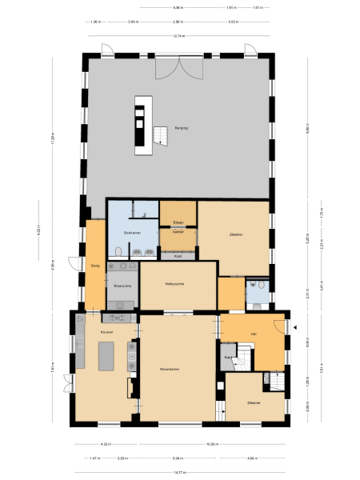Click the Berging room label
click(x=181, y=127)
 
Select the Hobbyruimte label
click(x=176, y=284)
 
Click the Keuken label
click(x=107, y=331)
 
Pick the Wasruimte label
click(x=122, y=285)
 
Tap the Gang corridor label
click(x=94, y=265)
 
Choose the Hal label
click(x=254, y=333)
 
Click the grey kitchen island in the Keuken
click(x=107, y=356)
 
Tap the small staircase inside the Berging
click(x=162, y=135)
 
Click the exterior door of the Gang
click(x=74, y=263)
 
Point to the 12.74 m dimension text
click(x=179, y=36)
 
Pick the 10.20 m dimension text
click(x=211, y=444)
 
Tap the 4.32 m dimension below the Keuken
click(x=105, y=444)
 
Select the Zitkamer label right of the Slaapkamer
click(x=235, y=234)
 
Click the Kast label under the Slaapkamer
click(x=178, y=256)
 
